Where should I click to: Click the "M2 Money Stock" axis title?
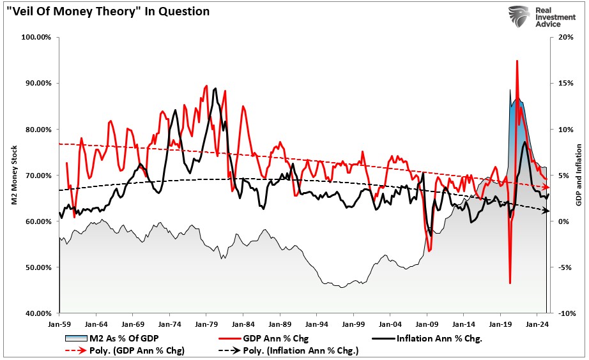12,176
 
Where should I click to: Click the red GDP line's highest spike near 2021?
516,61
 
